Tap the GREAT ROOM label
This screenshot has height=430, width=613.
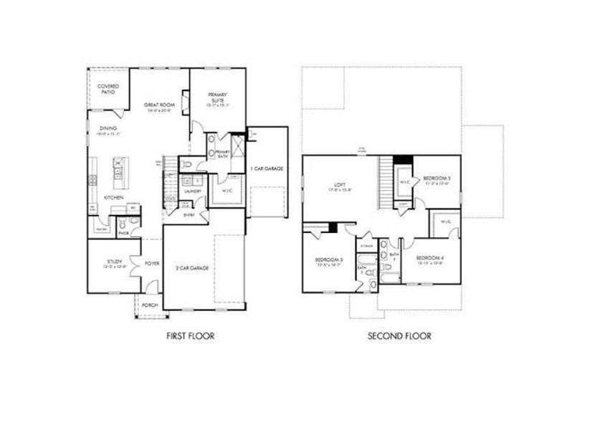click(160, 105)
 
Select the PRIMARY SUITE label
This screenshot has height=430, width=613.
click(217, 97)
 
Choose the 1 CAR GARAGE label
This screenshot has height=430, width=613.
click(267, 168)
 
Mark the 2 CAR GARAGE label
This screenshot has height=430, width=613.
click(194, 267)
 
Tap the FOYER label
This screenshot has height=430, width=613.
click(152, 263)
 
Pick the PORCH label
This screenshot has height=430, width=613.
click(150, 305)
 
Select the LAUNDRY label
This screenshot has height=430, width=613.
click(191, 192)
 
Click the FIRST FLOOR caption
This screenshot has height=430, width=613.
click(191, 335)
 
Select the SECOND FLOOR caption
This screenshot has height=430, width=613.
click(400, 335)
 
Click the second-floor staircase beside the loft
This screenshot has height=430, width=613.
click(388, 183)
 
